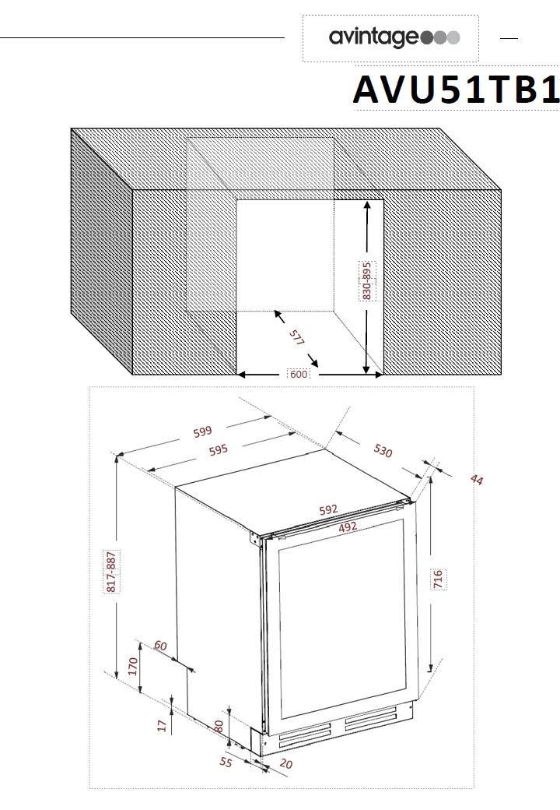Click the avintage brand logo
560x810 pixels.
tap(394, 37)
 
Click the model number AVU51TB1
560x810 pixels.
tap(457, 90)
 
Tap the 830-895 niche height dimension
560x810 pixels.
tap(366, 281)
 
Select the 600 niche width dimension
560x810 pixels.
tap(299, 374)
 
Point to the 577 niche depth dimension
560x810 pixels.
tap(296, 336)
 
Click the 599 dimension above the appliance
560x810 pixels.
tap(203, 431)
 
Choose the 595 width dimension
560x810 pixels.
tap(218, 450)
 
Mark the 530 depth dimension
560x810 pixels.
tap(383, 450)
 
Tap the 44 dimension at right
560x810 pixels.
tap(477, 480)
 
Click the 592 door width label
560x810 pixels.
tap(328, 510)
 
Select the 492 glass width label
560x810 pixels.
tap(348, 527)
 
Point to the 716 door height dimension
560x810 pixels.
tap(438, 579)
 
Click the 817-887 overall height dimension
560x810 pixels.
tap(111, 572)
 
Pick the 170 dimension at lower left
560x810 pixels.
tap(133, 667)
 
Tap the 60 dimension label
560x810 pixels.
tap(160, 646)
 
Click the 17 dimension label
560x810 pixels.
tap(163, 726)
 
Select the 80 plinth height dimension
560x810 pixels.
tap(219, 727)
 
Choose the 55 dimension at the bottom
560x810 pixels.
tap(226, 762)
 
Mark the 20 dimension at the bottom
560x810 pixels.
tap(285, 763)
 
